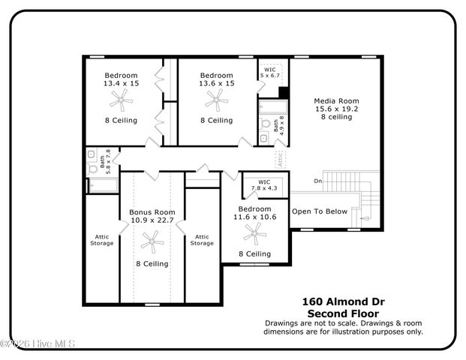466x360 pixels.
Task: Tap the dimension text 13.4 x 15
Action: pyautogui.click(x=121, y=84)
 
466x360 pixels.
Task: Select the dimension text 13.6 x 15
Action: pyautogui.click(x=216, y=84)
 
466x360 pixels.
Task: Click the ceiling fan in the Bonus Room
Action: pyautogui.click(x=152, y=240)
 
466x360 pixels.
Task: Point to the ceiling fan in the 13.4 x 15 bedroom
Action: pyautogui.click(x=121, y=100)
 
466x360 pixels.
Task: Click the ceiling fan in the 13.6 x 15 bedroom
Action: pyautogui.click(x=216, y=100)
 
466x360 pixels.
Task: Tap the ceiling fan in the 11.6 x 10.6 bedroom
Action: pyautogui.click(x=254, y=236)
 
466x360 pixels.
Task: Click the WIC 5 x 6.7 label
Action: pyautogui.click(x=269, y=73)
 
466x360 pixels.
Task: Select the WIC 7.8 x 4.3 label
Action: pyautogui.click(x=263, y=184)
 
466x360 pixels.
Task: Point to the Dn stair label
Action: pyautogui.click(x=317, y=181)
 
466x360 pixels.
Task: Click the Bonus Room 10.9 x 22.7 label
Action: pyautogui.click(x=152, y=216)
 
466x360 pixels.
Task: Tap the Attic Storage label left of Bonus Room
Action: pyautogui.click(x=101, y=239)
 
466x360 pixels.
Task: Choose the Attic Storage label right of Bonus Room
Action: pyautogui.click(x=201, y=239)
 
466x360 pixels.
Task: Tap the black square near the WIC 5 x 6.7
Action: pyautogui.click(x=284, y=92)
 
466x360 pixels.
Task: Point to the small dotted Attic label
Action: pyautogui.click(x=280, y=159)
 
